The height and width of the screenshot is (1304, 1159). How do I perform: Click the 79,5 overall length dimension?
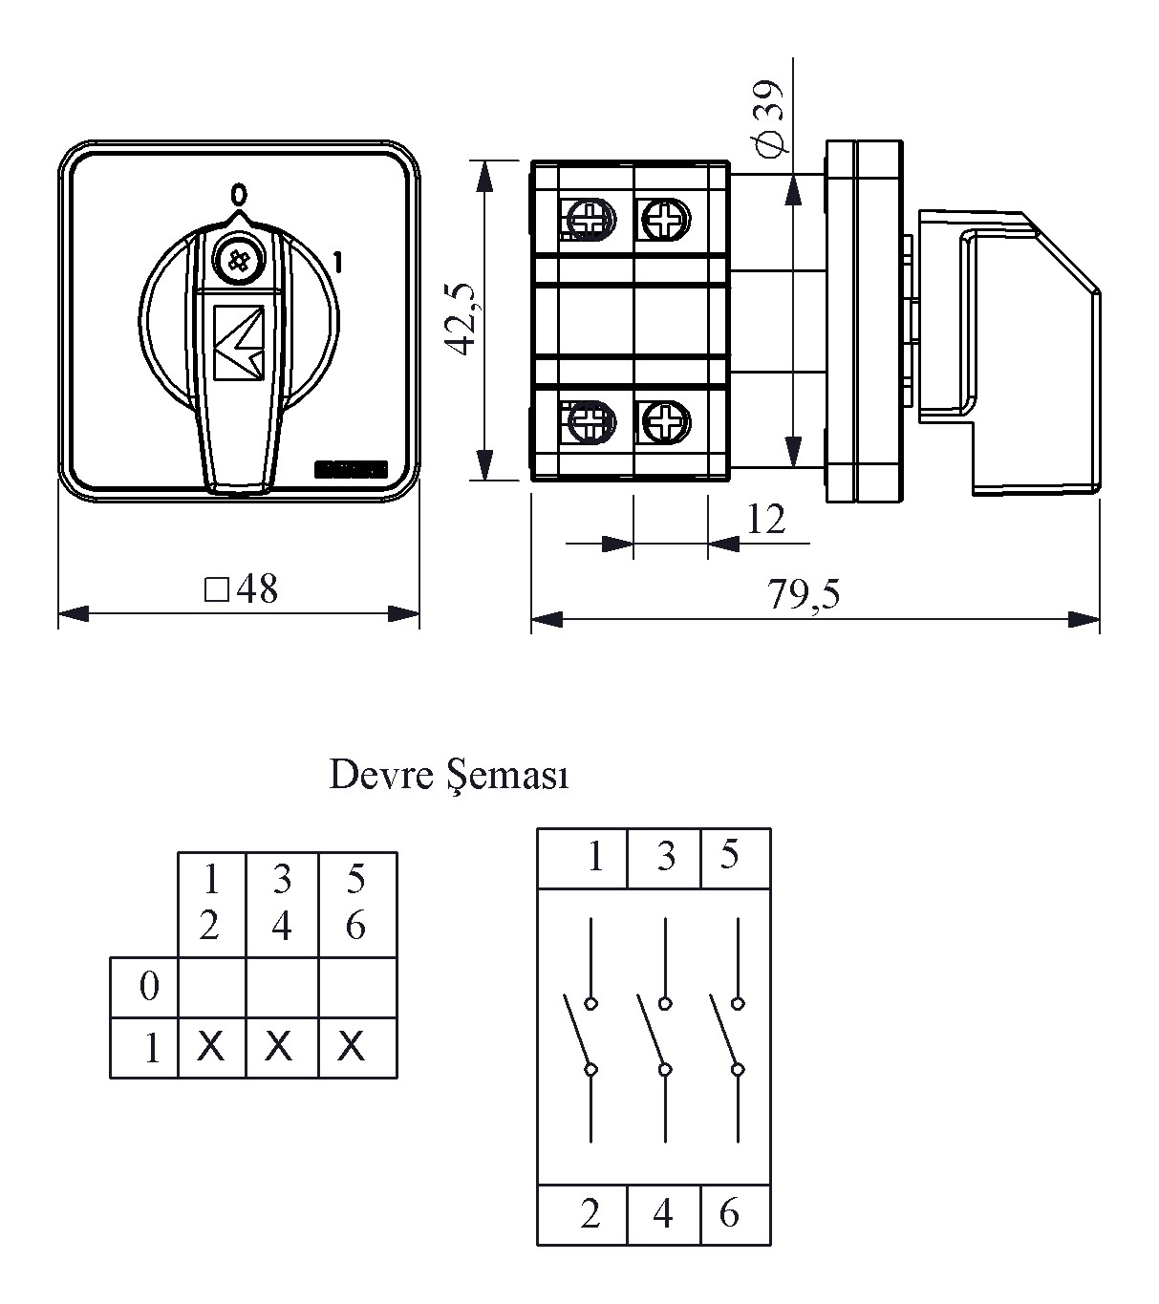click(804, 594)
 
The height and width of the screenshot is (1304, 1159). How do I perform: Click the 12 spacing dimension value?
click(765, 519)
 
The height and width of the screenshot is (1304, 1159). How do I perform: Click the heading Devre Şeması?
click(448, 775)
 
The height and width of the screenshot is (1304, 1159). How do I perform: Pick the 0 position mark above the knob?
click(238, 195)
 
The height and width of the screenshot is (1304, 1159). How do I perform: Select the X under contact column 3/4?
click(278, 1047)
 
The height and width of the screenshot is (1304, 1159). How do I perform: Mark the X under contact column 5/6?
click(352, 1047)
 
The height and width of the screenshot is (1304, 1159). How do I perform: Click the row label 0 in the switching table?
click(148, 986)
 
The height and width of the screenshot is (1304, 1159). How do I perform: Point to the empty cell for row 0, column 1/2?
click(211, 987)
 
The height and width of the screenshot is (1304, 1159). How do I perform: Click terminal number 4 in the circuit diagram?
click(663, 1213)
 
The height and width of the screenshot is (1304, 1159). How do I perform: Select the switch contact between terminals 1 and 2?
click(583, 1037)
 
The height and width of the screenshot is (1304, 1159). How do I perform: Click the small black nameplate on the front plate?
click(351, 469)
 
